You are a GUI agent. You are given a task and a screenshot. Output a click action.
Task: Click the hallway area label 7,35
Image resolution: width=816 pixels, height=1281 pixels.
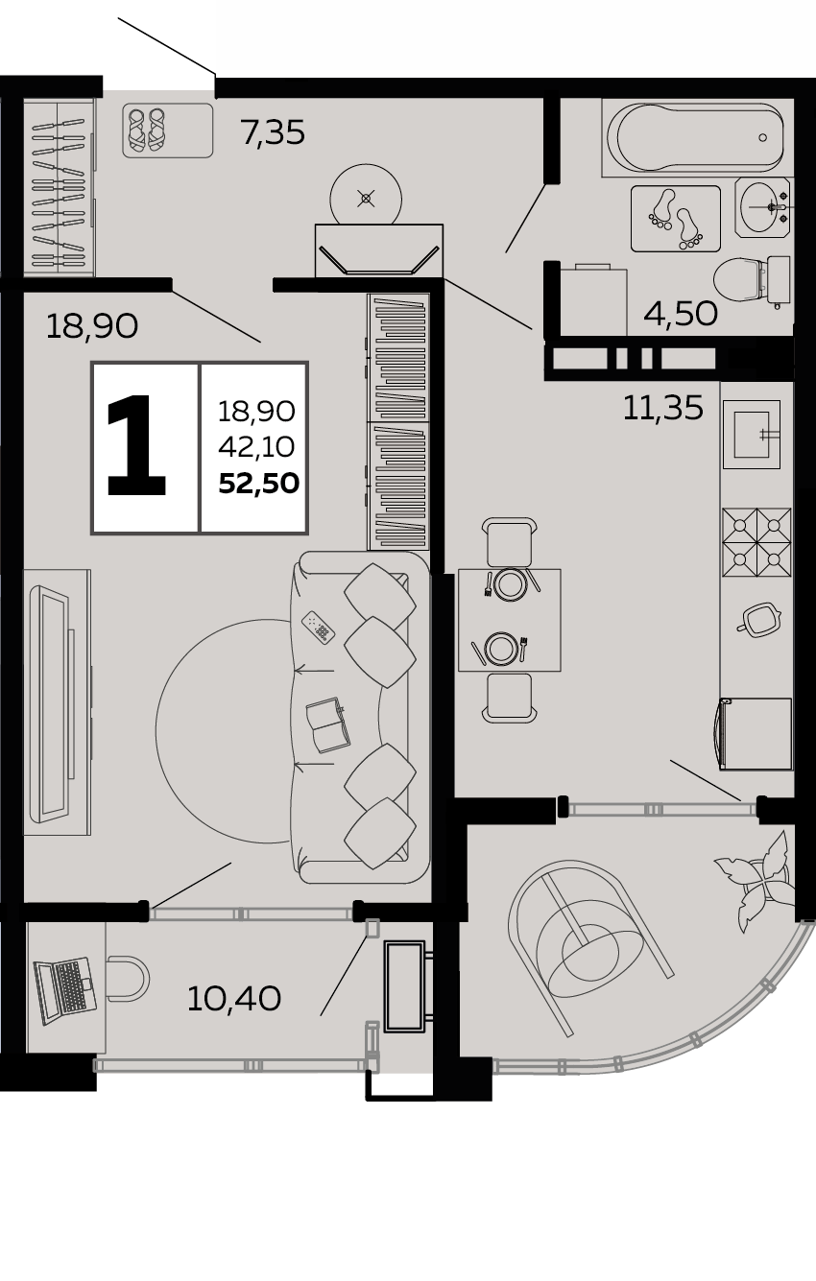273,132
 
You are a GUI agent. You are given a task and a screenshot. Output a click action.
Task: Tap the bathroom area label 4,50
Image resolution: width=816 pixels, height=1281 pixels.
681,314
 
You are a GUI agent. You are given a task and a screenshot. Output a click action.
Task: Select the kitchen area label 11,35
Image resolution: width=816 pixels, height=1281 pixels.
662,409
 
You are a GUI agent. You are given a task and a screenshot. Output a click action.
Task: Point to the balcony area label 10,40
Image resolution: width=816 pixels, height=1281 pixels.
234,999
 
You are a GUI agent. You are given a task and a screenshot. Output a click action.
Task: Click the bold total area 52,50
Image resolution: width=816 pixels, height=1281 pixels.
258,484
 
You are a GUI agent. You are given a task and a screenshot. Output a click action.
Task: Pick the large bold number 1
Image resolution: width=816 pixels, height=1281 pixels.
136,445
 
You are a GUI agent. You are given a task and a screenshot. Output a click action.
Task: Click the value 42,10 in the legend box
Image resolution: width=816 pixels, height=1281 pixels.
256,446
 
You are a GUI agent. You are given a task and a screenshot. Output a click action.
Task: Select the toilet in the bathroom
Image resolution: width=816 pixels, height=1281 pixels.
752,280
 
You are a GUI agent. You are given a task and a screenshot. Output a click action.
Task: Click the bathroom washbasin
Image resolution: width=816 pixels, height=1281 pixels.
763,206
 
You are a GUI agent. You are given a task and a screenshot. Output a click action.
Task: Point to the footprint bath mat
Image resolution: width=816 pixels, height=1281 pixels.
675,219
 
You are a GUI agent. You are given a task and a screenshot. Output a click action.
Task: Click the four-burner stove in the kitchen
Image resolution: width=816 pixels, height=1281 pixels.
756,542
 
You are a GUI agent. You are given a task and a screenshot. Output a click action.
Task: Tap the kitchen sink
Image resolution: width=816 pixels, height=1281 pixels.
752,435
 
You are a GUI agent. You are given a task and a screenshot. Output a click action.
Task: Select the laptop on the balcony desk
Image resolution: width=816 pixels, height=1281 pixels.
63,991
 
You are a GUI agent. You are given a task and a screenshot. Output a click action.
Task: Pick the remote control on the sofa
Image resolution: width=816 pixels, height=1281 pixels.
319,628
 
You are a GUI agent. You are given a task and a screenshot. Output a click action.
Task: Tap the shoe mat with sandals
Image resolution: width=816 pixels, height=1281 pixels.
168,130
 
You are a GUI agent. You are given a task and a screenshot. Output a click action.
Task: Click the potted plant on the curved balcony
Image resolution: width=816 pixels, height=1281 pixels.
756,879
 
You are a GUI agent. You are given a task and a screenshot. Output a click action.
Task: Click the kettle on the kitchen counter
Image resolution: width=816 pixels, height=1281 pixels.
758,619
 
